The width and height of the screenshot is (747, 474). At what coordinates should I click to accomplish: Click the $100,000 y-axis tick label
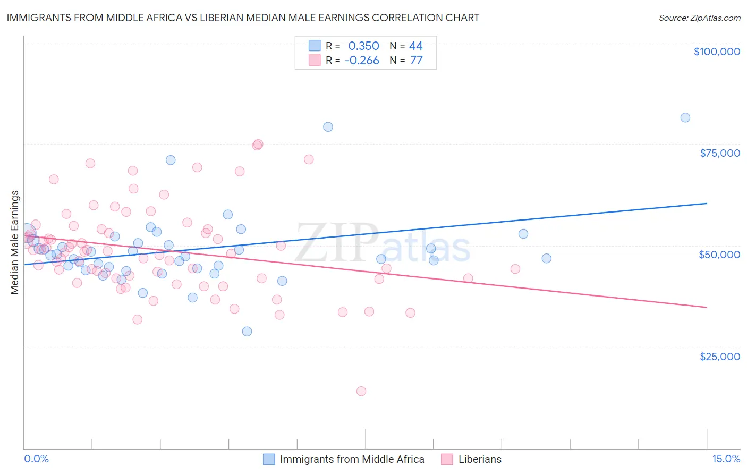click(717, 52)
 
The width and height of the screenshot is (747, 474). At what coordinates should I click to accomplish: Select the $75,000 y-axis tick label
click(720, 153)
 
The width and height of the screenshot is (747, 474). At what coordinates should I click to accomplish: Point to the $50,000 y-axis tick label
click(719, 255)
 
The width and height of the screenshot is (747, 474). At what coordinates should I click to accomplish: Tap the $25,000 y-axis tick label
click(720, 357)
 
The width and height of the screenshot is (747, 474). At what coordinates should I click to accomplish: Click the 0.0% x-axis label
click(36, 459)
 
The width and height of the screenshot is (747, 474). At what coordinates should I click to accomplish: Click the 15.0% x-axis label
click(726, 459)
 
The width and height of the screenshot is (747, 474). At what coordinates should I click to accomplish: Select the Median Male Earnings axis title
click(15, 242)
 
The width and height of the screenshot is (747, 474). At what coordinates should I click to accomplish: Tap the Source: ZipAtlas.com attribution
click(699, 18)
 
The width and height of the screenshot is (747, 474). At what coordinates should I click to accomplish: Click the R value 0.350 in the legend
click(363, 46)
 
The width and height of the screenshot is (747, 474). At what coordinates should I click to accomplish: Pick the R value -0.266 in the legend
click(361, 61)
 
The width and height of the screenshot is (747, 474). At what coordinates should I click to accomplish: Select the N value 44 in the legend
click(416, 46)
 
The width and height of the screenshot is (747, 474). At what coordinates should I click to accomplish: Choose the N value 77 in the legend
click(416, 61)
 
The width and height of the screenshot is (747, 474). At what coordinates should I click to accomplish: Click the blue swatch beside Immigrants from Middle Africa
click(269, 459)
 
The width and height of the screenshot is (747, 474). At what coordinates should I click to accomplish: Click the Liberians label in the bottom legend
click(480, 459)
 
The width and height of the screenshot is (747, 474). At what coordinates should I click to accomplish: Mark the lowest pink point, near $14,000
click(361, 391)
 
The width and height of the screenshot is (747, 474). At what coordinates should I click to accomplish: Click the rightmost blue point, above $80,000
click(685, 117)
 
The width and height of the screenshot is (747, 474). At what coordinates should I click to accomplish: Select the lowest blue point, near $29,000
click(247, 332)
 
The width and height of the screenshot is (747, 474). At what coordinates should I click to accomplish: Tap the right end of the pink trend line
click(707, 307)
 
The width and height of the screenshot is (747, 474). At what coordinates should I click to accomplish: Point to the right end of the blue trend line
click(707, 203)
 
